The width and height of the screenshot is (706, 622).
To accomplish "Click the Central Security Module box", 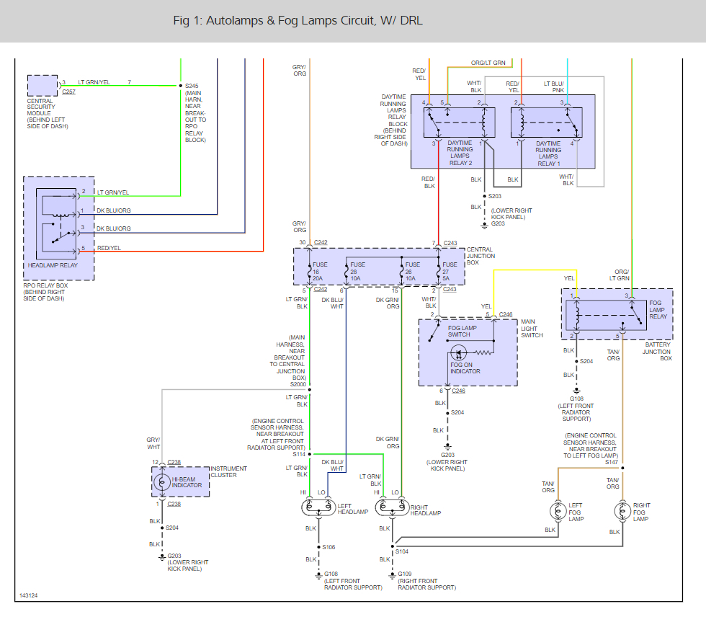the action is point(43,86).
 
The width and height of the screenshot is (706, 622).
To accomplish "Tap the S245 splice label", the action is point(192,86).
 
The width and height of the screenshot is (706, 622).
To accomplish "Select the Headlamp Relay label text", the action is point(53,265).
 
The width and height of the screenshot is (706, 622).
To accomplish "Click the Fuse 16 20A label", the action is point(320,272).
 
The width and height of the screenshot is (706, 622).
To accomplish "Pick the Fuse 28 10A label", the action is point(357,272).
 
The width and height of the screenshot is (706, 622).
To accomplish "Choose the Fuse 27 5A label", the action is point(450,272).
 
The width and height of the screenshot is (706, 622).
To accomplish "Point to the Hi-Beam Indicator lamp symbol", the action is point(162,482).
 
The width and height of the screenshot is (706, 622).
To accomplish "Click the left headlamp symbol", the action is point(318,507).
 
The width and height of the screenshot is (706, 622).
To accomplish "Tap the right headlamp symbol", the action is point(392,507).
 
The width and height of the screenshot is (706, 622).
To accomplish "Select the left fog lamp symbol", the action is point(558,511).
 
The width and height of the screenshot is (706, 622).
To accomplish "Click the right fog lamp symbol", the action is point(622,511).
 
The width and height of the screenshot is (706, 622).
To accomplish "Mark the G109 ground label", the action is point(405,574).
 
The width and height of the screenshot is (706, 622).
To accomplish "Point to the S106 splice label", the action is point(329,547).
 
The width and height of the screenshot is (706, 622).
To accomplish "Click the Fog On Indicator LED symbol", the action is point(458,352).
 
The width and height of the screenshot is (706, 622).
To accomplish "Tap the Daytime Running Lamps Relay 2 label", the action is point(460,153).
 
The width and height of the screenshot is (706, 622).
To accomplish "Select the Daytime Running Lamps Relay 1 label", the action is point(548,154).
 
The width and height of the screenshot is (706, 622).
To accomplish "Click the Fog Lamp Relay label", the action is point(658,310).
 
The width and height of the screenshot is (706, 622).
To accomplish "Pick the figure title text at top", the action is point(298,21).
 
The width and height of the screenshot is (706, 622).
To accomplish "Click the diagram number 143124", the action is point(28,595).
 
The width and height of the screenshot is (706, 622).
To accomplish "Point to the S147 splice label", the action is point(612,462).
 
